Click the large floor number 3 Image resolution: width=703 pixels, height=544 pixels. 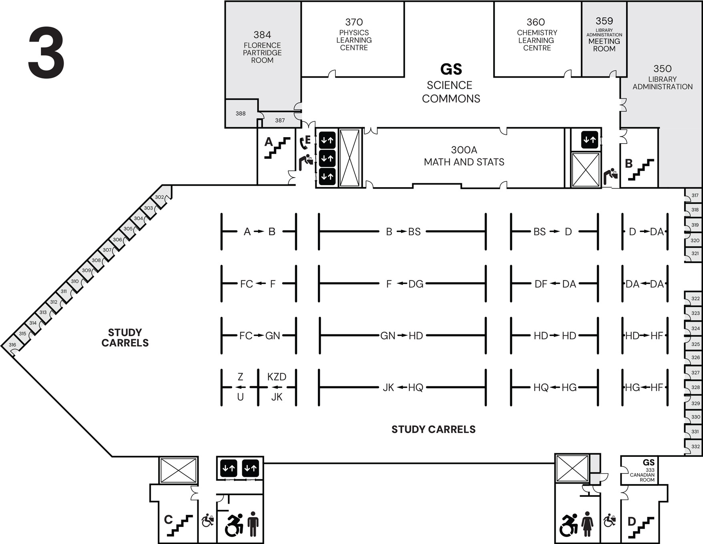point(46,53)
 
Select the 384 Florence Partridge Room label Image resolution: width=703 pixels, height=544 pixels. point(262,47)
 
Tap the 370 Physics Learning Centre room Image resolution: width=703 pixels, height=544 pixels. point(354,35)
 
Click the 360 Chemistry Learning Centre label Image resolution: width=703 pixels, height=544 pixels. point(536,35)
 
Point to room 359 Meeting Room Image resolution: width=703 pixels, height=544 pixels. point(604,35)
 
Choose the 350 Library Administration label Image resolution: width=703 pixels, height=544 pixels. point(662,78)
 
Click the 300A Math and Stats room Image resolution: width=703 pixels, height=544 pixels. point(464,156)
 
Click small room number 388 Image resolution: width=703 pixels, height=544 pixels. point(241,114)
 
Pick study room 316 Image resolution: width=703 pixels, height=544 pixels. point(12,345)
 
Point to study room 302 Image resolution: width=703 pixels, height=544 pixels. point(159,197)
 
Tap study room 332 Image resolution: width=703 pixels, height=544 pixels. point(695,447)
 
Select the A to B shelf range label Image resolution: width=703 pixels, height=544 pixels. point(259,232)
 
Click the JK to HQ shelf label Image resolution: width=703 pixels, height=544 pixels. point(402,387)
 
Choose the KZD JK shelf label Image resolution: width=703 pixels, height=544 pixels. point(277,387)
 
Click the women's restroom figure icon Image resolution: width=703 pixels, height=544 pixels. point(587,524)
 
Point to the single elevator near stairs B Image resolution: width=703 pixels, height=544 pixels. point(590,140)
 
